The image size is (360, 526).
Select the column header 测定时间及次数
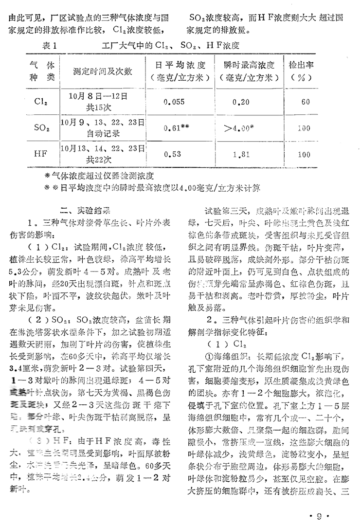[103, 71]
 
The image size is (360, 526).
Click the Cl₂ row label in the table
[40, 102]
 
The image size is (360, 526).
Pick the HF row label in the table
[41, 154]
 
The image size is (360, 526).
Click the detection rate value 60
[305, 102]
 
